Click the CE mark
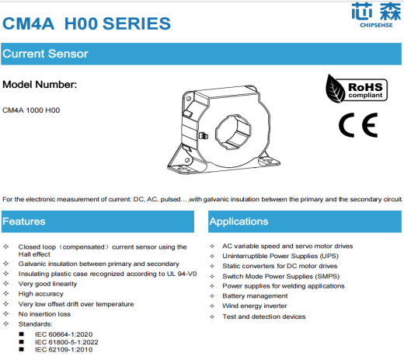click(357, 124)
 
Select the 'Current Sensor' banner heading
click(45, 54)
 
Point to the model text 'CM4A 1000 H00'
click(31, 110)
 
